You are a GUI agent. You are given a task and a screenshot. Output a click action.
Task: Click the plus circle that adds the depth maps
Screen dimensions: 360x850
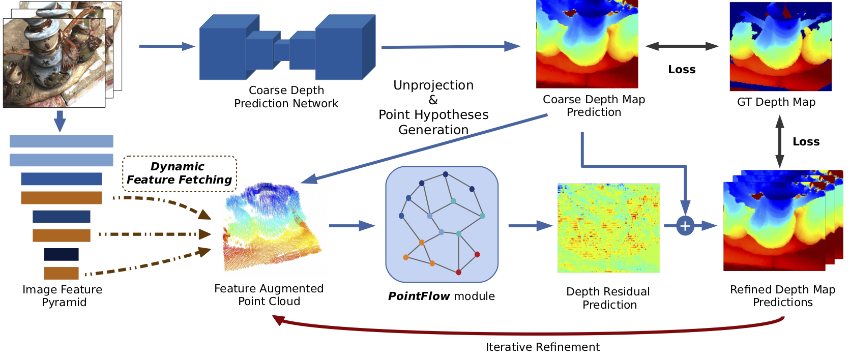pyautogui.click(x=685, y=225)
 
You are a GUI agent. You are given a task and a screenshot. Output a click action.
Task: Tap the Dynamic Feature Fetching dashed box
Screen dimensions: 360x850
pyautogui.click(x=180, y=173)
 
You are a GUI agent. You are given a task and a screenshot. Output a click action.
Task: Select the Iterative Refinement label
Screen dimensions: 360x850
pyautogui.click(x=542, y=347)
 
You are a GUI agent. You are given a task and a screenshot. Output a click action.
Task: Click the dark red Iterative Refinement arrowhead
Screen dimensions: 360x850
pyautogui.click(x=278, y=320)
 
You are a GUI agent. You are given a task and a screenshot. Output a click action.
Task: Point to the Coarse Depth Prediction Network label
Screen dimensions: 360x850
pyautogui.click(x=286, y=97)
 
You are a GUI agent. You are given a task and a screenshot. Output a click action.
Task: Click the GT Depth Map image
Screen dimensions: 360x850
pyautogui.click(x=780, y=46)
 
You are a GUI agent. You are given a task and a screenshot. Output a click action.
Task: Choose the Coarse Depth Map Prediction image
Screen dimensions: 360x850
pyautogui.click(x=587, y=44)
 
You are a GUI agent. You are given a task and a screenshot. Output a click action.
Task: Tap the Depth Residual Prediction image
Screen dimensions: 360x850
pyautogui.click(x=608, y=228)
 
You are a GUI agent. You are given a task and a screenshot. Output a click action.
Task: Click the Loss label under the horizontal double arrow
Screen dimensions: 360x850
pyautogui.click(x=682, y=70)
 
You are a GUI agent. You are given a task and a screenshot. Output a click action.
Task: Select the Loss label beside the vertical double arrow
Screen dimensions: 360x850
pyautogui.click(x=806, y=142)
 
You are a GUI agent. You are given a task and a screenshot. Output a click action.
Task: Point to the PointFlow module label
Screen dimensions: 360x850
pyautogui.click(x=441, y=296)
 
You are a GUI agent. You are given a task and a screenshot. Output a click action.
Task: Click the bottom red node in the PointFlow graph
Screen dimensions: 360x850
pyautogui.click(x=458, y=273)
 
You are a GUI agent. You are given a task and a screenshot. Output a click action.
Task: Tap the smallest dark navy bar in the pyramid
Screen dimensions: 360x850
pyautogui.click(x=62, y=254)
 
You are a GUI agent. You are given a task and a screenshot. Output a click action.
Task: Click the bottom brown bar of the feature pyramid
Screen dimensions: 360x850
pyautogui.click(x=62, y=273)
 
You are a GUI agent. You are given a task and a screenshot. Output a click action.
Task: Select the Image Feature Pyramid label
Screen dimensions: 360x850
pyautogui.click(x=63, y=296)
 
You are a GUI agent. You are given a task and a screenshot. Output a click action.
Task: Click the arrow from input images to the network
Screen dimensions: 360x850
pyautogui.click(x=167, y=46)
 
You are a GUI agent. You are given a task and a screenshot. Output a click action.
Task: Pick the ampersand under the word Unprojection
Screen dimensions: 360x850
pyautogui.click(x=433, y=100)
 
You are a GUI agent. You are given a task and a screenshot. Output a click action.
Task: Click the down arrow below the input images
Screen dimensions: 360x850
pyautogui.click(x=60, y=121)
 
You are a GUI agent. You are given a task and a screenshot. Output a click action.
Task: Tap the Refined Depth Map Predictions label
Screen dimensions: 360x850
pyautogui.click(x=782, y=296)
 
